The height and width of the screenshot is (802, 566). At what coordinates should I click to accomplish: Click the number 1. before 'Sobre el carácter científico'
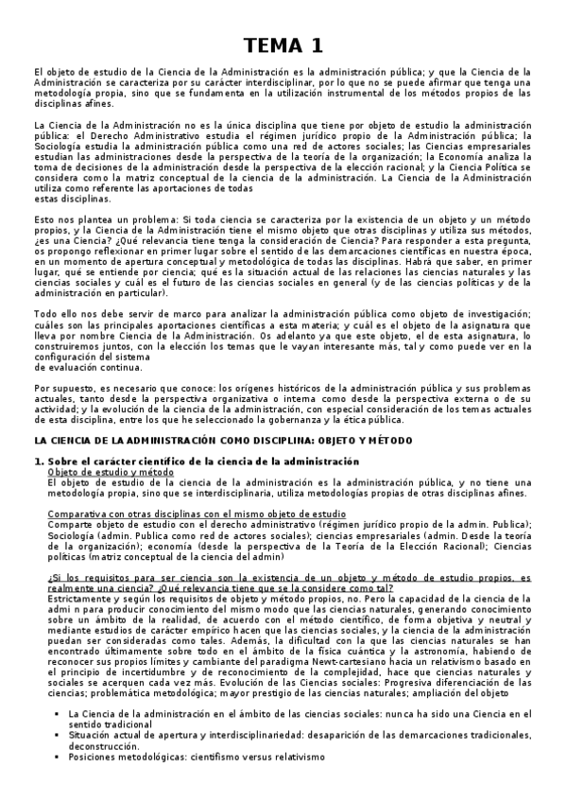39,461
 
